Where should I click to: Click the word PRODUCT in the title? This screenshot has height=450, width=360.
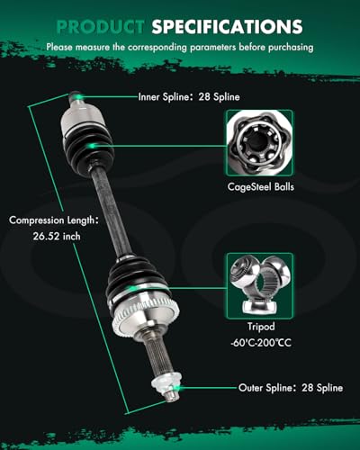point(100,27)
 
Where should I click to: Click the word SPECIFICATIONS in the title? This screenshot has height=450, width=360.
point(227,27)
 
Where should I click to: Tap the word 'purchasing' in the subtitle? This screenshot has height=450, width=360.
point(291,47)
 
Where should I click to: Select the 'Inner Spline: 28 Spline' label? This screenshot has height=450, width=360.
point(189,96)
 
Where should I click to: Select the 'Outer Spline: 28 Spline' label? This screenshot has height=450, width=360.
point(291,388)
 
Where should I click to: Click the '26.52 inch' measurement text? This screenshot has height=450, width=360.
point(57,236)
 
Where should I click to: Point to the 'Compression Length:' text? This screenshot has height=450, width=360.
point(53,220)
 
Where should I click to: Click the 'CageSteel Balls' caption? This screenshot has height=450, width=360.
point(261,186)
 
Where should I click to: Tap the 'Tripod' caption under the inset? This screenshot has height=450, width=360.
point(261,326)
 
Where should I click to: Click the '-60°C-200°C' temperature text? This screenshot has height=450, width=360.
point(261,343)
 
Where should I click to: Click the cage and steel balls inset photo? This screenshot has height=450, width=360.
point(260,143)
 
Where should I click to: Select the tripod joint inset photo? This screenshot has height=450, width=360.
point(260,285)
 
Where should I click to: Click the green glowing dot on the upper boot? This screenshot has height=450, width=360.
point(92,146)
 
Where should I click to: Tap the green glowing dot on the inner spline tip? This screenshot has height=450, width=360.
point(79,96)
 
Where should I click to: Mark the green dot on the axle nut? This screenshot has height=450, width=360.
point(177,388)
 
